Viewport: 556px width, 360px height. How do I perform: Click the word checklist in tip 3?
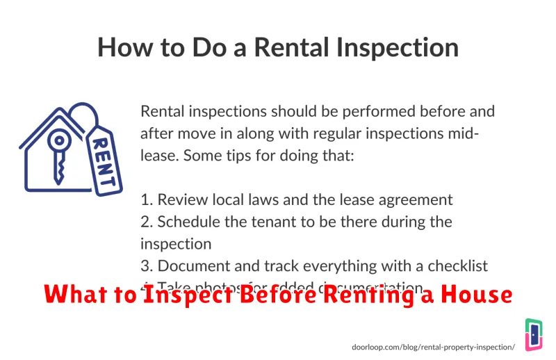click(454, 265)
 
